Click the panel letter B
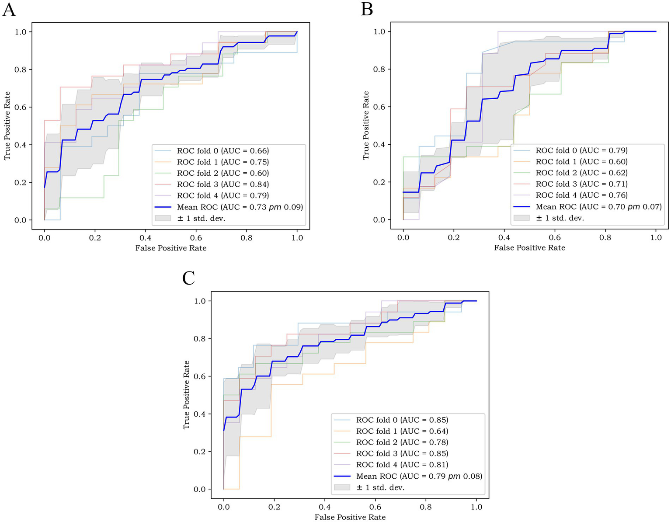pyautogui.click(x=367, y=9)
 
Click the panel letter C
pyautogui.click(x=188, y=278)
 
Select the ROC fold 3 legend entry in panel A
pyautogui.click(x=223, y=184)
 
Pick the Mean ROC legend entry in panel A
pyautogui.click(x=240, y=207)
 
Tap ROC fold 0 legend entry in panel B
pyautogui.click(x=581, y=150)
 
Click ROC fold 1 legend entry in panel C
pyautogui.click(x=402, y=431)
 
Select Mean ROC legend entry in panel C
pyautogui.click(x=419, y=476)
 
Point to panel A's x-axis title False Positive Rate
pyautogui.click(x=171, y=248)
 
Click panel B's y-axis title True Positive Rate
pyautogui.click(x=366, y=125)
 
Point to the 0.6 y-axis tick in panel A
pyautogui.click(x=21, y=107)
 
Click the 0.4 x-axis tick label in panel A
pyautogui.click(x=146, y=238)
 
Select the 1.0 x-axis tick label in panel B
pyautogui.click(x=656, y=237)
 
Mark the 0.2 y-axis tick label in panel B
pyautogui.click(x=379, y=182)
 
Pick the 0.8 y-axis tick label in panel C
pyautogui.click(x=200, y=339)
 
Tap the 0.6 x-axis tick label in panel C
pyautogui.click(x=375, y=507)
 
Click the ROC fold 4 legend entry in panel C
pyautogui.click(x=402, y=465)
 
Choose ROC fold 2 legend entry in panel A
pyautogui.click(x=223, y=173)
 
